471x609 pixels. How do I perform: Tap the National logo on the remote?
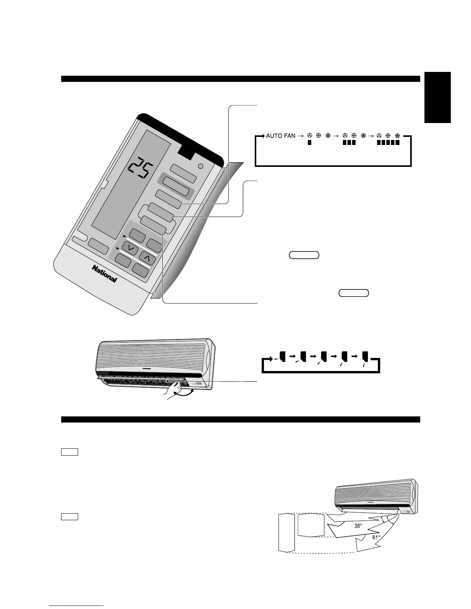click(x=104, y=273)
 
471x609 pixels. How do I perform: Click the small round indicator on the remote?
click(x=200, y=166)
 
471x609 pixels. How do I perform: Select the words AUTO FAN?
click(x=281, y=136)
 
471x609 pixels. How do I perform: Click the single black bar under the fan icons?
click(x=309, y=143)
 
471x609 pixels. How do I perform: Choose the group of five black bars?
click(x=387, y=143)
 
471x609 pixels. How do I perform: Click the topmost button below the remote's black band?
click(x=184, y=171)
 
